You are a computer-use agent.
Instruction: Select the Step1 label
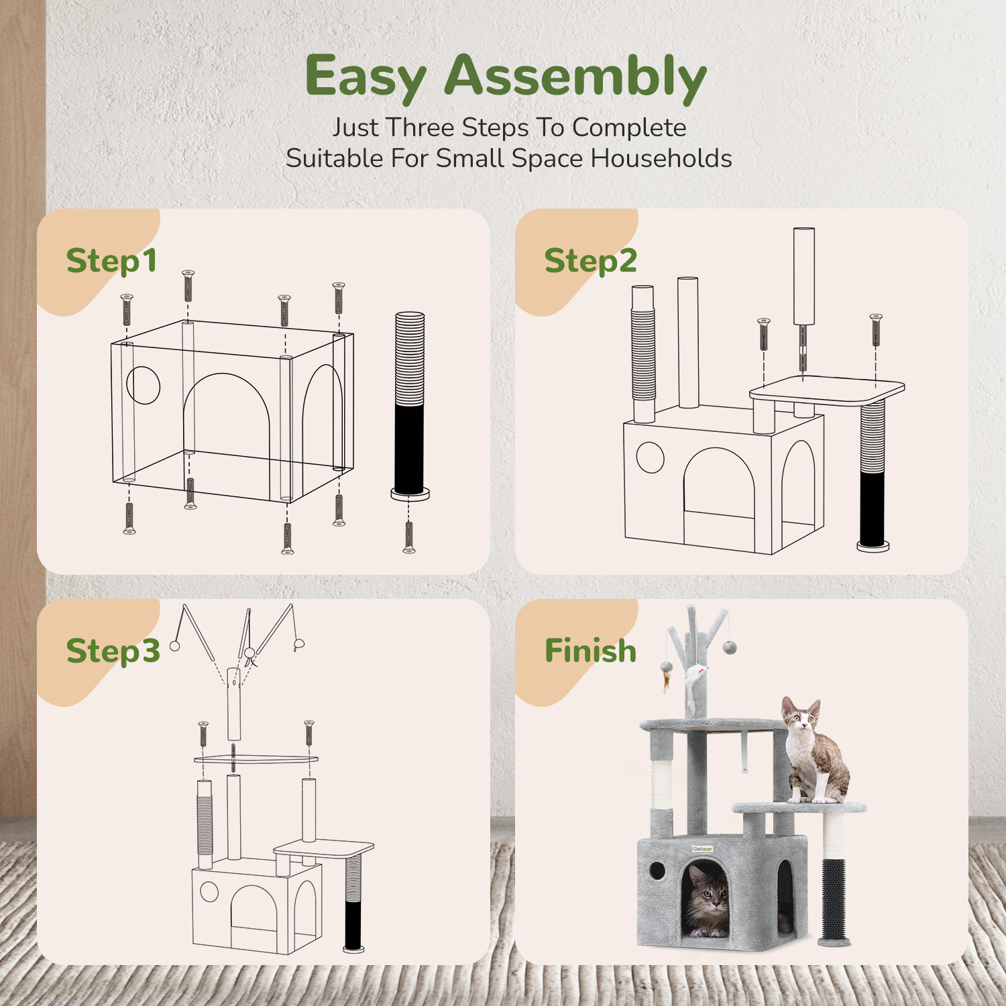pyautogui.click(x=111, y=262)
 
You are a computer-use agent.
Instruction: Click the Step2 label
pyautogui.click(x=590, y=262)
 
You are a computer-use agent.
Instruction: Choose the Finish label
pyautogui.click(x=590, y=651)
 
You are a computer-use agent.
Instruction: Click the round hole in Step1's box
pyautogui.click(x=144, y=385)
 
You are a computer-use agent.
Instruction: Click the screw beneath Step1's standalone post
pyautogui.click(x=409, y=537)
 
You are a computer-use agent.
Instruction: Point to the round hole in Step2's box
pyautogui.click(x=650, y=458)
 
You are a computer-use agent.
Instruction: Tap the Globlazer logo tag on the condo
pyautogui.click(x=703, y=849)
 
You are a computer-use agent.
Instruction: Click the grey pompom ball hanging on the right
pyautogui.click(x=730, y=647)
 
